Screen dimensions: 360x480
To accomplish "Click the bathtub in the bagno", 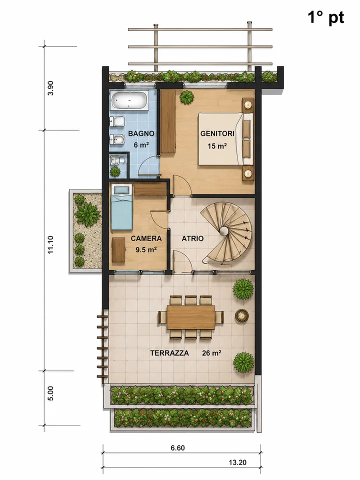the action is point(129,100).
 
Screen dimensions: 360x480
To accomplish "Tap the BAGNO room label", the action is point(141,133).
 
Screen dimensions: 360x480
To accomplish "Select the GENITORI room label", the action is point(217,133).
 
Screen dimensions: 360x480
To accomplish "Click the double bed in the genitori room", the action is point(226,139).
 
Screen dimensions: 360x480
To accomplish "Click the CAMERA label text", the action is point(146,238).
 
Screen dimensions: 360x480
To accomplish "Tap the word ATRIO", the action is point(192,238).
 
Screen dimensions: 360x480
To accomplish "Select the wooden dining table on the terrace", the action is point(191,317).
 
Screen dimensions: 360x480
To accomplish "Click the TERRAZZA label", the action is point(169,353).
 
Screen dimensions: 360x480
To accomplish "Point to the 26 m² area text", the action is point(211,353).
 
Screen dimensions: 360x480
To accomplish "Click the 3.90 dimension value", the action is point(51,88).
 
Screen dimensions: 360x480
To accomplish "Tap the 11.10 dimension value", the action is point(51,244).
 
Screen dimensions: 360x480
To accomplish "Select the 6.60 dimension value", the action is point(177,448).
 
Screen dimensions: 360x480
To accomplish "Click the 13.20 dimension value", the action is point(237,462).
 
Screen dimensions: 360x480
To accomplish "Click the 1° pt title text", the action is point(325,17).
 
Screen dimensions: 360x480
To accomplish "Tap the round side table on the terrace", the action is point(242,315).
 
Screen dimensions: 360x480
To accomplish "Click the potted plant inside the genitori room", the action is point(186,97).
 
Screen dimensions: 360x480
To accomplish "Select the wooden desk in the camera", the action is point(118,250).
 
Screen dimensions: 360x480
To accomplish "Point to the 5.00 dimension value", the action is point(51,393).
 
